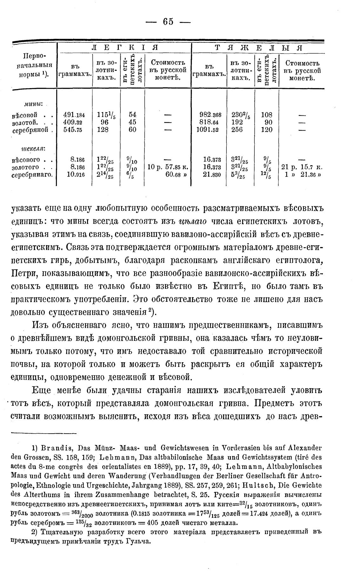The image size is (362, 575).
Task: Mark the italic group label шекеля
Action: [33, 149]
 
